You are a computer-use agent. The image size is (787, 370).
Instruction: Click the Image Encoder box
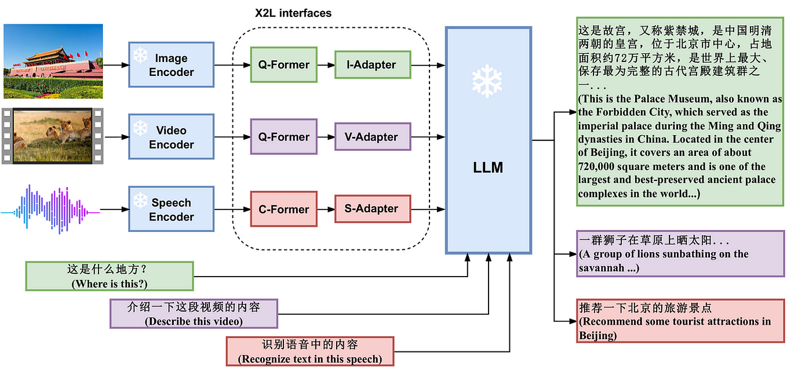[x=171, y=65]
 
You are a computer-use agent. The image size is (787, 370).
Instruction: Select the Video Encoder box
[x=171, y=137]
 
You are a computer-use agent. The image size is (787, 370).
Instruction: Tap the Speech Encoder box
[x=171, y=209]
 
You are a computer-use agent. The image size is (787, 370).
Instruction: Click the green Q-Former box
[x=284, y=65]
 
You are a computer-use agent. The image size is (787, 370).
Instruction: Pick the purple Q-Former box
[x=284, y=137]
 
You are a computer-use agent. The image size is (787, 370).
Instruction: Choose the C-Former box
[x=284, y=209]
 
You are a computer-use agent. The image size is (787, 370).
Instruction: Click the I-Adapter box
[x=373, y=65]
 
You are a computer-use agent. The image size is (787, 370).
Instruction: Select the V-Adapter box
[x=373, y=137]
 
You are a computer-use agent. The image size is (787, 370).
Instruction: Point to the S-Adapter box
[x=373, y=209]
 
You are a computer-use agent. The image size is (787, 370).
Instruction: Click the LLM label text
[x=487, y=169]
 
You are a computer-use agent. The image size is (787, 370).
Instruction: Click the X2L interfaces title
[x=293, y=13]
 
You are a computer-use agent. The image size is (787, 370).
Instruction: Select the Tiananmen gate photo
[x=53, y=61]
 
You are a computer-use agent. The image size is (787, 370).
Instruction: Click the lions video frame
[x=52, y=136]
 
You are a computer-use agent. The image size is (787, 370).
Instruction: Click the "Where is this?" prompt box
[x=109, y=276]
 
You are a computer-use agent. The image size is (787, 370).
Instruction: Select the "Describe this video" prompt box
[x=194, y=314]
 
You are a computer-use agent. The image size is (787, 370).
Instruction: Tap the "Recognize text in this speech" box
[x=309, y=351]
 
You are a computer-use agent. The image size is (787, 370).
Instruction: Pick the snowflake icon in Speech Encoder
[x=140, y=200]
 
